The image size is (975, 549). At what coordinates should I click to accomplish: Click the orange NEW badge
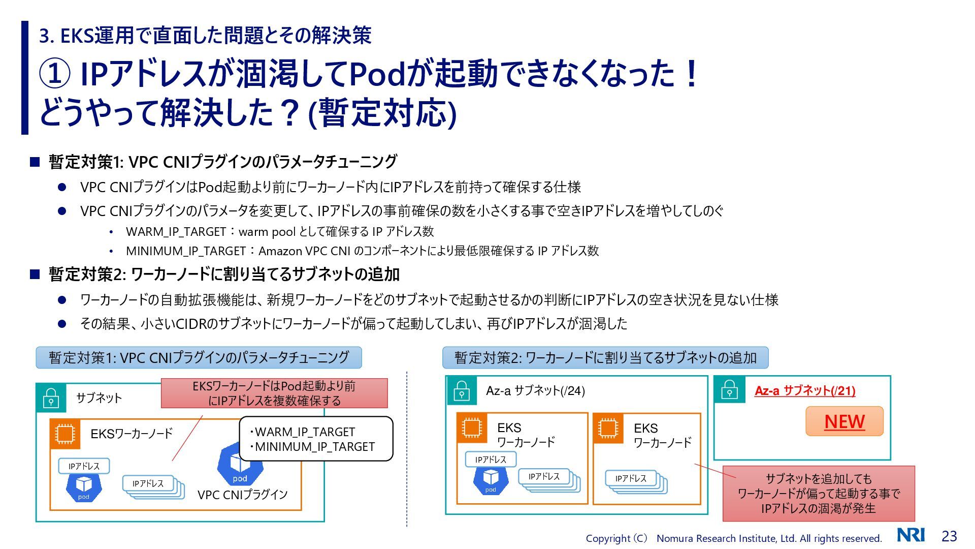tap(844, 421)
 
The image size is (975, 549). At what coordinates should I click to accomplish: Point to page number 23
tap(949, 536)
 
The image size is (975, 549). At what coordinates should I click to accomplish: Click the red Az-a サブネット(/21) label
tap(805, 390)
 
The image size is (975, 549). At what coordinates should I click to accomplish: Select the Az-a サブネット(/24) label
tap(535, 390)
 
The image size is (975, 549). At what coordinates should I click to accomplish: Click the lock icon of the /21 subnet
tap(729, 390)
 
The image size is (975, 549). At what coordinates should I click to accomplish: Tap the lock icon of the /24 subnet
tap(461, 391)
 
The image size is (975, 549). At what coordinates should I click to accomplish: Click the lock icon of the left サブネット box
tap(51, 398)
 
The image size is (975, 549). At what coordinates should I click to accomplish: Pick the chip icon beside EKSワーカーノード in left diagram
tap(64, 434)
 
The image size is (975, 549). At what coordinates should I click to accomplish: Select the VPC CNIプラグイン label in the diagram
tap(242, 495)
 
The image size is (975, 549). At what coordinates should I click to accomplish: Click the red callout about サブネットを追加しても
tap(818, 493)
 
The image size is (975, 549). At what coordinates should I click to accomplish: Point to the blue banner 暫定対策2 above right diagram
tap(605, 358)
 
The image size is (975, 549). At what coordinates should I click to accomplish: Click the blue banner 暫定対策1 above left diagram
tap(199, 358)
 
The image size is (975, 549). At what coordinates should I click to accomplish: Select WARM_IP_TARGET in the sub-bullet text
tap(176, 232)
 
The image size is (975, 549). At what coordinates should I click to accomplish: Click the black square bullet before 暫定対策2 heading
tap(35, 274)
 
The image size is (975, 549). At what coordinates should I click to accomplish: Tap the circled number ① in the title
tap(54, 74)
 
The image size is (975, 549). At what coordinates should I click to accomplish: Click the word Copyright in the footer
tap(608, 538)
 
